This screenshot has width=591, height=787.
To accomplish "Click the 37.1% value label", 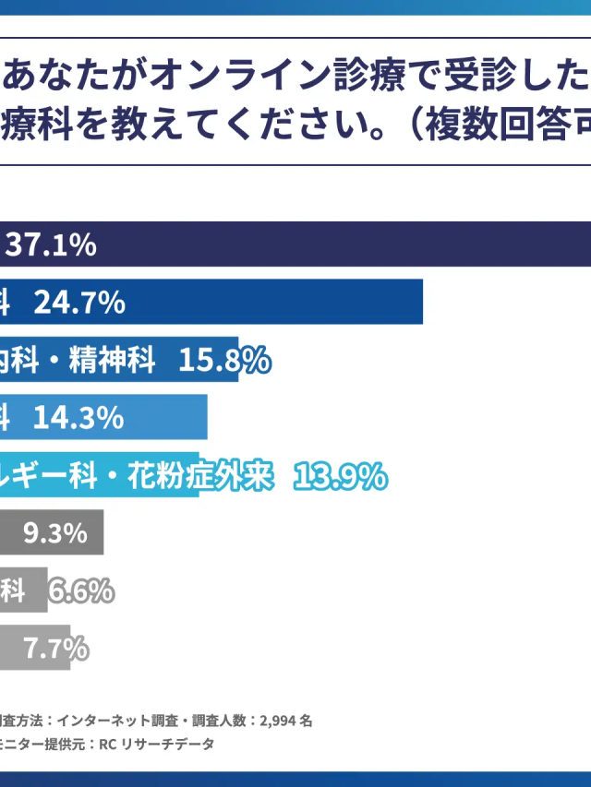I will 51,244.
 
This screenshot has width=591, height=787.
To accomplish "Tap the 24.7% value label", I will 80,302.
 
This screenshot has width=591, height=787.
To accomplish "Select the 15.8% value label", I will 224,360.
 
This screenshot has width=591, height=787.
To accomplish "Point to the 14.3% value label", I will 78,418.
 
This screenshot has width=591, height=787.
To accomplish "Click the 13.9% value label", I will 340,475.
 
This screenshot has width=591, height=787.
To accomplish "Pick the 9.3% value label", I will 55,532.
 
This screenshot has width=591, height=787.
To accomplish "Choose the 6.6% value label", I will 81,590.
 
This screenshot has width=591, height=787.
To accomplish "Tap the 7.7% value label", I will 56,648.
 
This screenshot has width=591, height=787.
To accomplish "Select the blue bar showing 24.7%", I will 277,302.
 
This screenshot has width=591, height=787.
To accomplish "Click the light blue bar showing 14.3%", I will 166,418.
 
